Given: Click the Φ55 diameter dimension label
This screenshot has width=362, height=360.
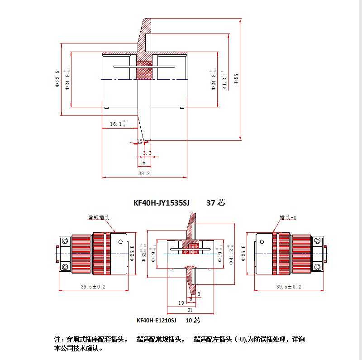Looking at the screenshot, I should pyautogui.click(x=236, y=79).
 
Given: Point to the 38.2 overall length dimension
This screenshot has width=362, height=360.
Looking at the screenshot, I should pyautogui.click(x=144, y=173).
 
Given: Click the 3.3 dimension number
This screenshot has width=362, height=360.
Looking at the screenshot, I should pyautogui.click(x=147, y=153).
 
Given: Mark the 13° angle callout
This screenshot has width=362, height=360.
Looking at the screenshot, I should pyautogui.click(x=141, y=141).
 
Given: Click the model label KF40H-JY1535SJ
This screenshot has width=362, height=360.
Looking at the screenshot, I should pyautogui.click(x=161, y=203).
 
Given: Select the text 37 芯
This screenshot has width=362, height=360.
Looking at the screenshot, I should pyautogui.click(x=215, y=203).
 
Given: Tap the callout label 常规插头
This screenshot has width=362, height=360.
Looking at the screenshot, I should pyautogui.click(x=99, y=218).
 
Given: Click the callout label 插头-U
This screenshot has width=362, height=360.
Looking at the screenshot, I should pyautogui.click(x=287, y=218).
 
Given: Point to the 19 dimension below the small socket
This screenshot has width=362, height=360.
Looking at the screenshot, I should pyautogui.click(x=181, y=303).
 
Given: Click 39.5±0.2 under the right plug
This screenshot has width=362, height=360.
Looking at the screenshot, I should pyautogui.click(x=289, y=287).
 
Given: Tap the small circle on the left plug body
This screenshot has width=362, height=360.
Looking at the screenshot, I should pyautogui.click(x=120, y=242).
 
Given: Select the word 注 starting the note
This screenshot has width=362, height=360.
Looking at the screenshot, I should pyautogui.click(x=57, y=340).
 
